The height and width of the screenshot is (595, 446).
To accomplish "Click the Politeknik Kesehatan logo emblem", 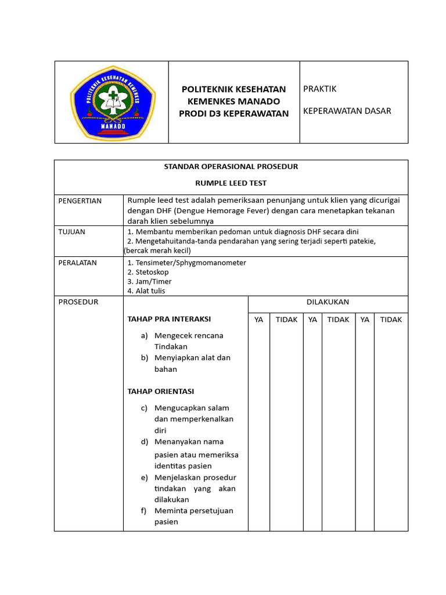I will point(112,102).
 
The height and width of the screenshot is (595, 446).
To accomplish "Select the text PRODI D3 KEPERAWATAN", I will point(234,113).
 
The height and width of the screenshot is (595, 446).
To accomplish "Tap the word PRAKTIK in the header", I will point(320,89).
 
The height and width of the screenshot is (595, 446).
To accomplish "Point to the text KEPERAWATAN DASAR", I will point(347,111).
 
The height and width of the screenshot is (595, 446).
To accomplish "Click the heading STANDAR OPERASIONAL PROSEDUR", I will point(231,167).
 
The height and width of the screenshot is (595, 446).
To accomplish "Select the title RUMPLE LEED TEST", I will point(231,183).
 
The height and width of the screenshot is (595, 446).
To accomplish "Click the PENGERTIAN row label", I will point(80,201).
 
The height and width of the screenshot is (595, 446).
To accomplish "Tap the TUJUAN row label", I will point(72,232).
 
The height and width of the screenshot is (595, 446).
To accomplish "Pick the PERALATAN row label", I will point(78,263).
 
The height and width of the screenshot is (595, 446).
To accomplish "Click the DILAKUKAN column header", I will point(328,302).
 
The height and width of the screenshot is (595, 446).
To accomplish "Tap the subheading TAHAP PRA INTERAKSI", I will point(169,319).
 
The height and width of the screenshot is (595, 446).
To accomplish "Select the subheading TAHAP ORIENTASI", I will point(161,391).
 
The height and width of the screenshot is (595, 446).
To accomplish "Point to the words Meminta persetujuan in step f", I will point(193,511).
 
